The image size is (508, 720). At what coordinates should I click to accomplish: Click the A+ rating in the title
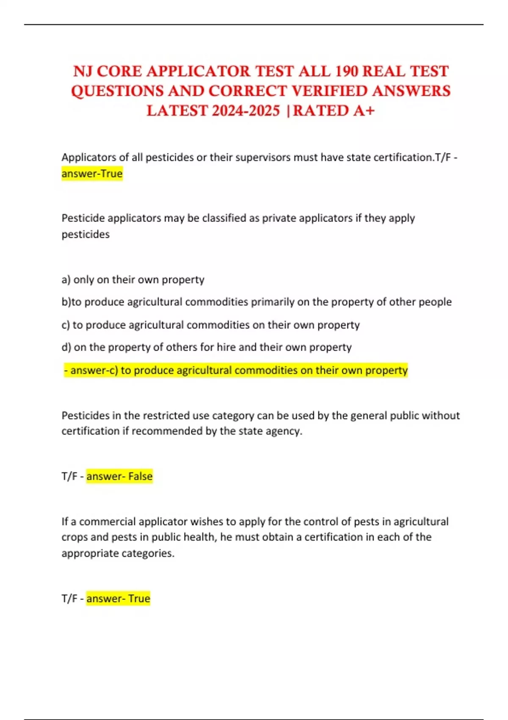pyautogui.click(x=363, y=111)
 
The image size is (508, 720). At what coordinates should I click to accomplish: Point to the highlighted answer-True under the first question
pyautogui.click(x=92, y=174)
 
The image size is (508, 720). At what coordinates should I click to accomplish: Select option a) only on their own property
pyautogui.click(x=133, y=280)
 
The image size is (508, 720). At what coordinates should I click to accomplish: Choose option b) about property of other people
pyautogui.click(x=256, y=302)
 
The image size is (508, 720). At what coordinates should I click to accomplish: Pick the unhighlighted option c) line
pyautogui.click(x=210, y=325)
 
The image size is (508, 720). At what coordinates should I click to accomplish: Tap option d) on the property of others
pyautogui.click(x=207, y=347)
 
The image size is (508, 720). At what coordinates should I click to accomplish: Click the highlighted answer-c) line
pyautogui.click(x=236, y=370)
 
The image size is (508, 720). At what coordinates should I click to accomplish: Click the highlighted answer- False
pyautogui.click(x=119, y=476)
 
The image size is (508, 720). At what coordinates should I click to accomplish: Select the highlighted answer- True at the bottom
pyautogui.click(x=118, y=598)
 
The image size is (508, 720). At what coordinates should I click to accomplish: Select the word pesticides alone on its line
pyautogui.click(x=86, y=234)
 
